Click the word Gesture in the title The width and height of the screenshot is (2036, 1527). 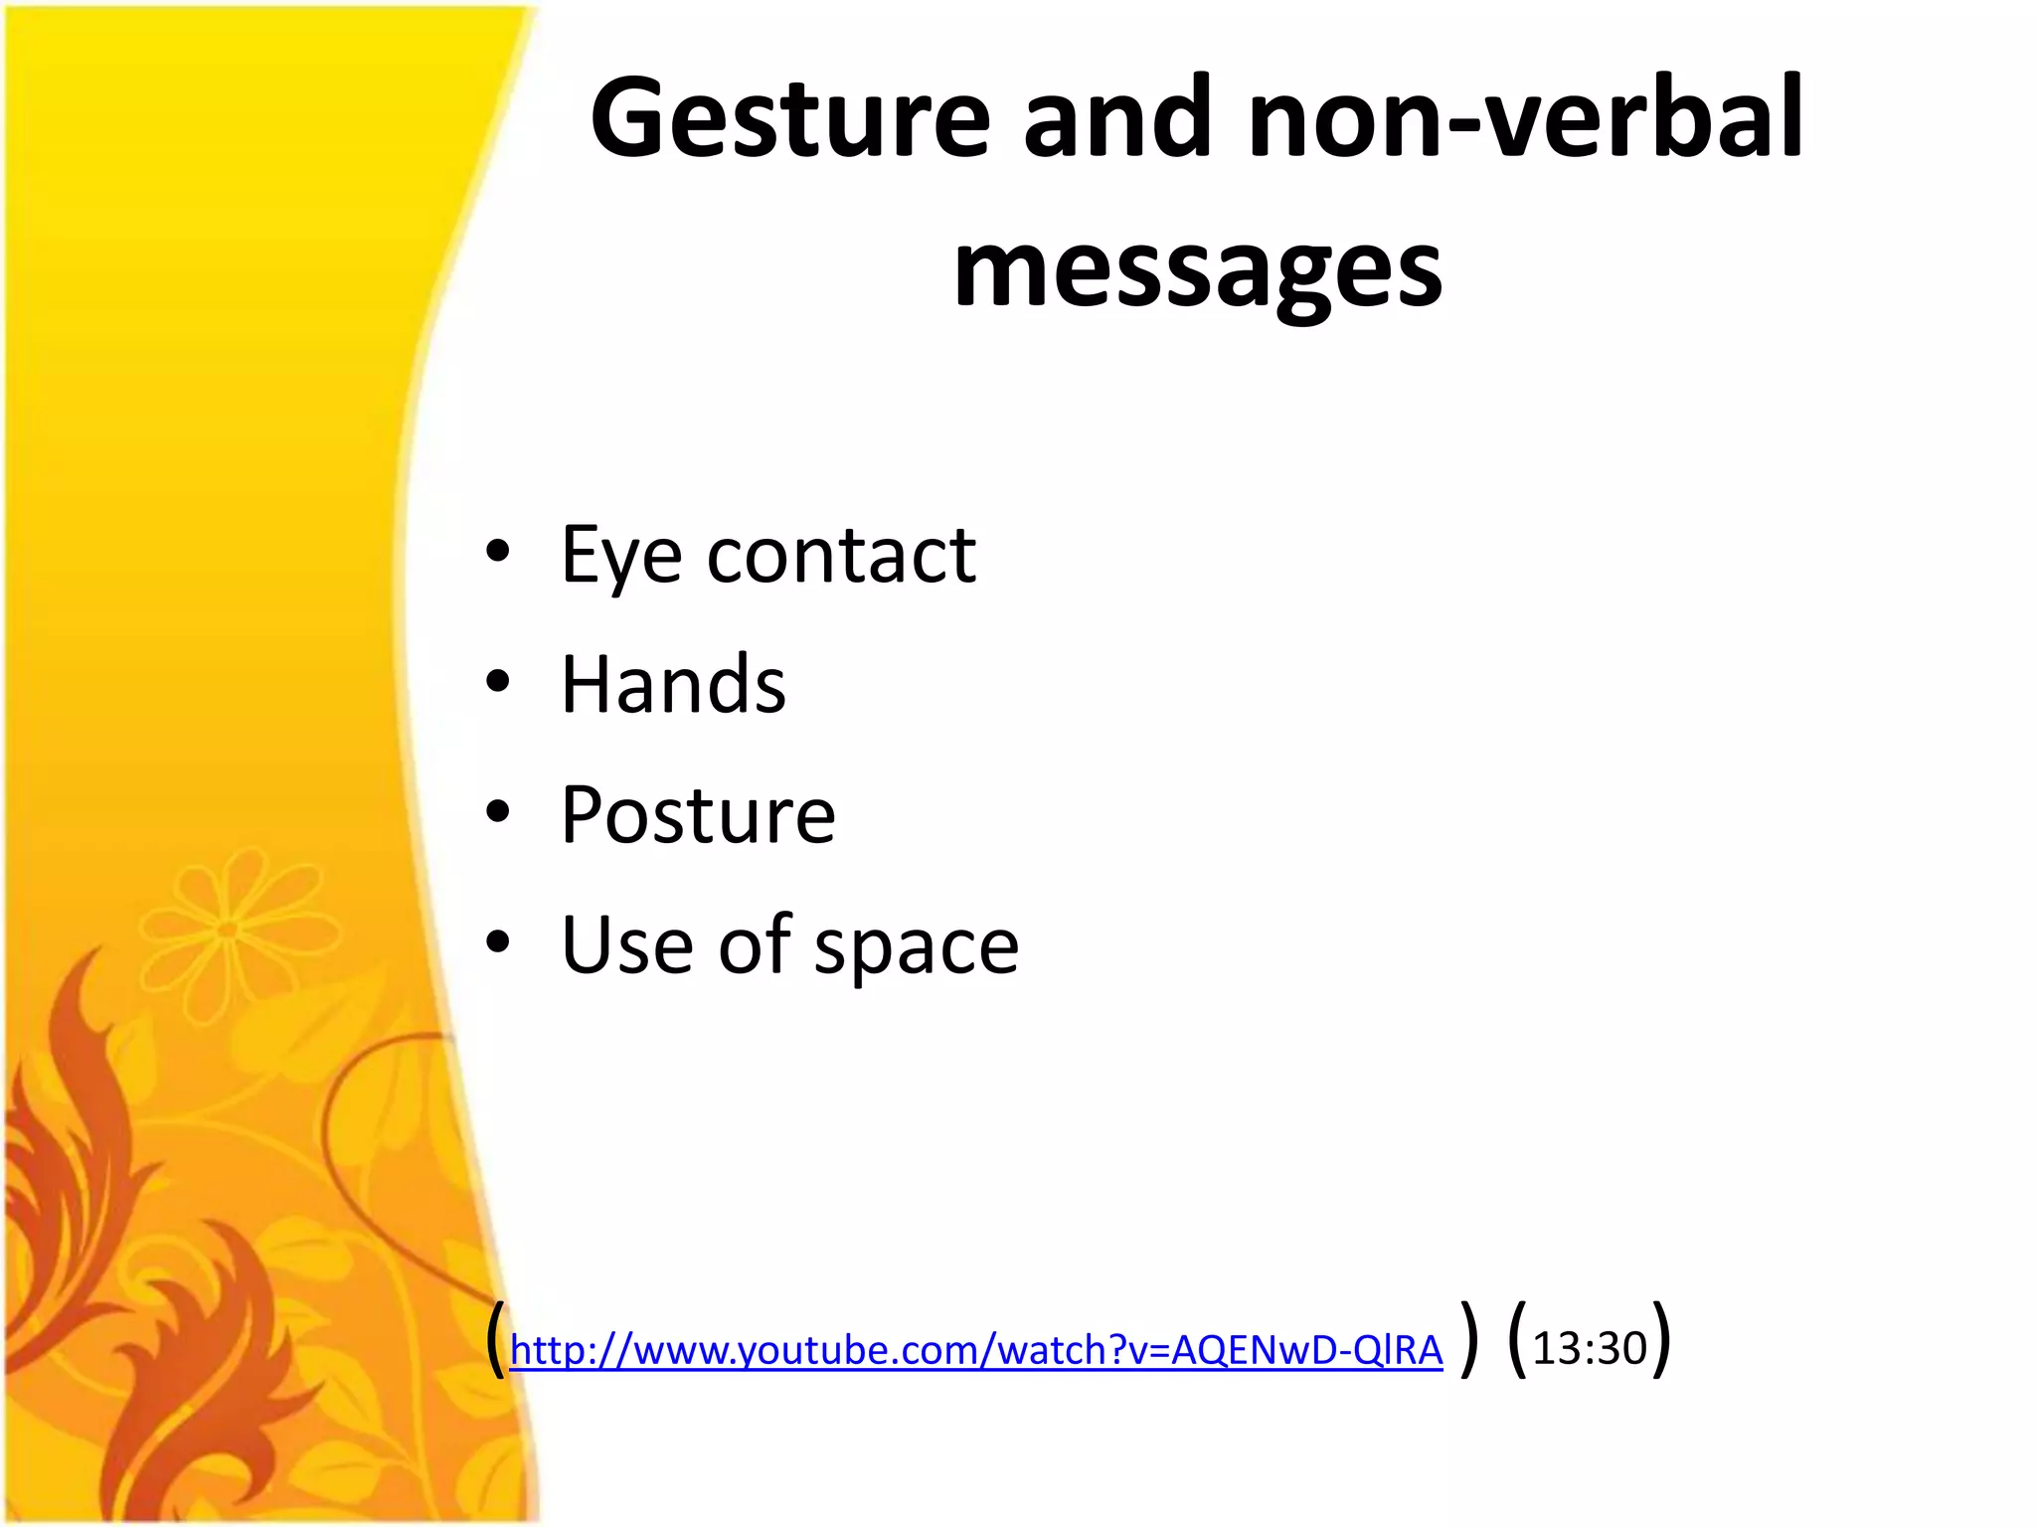point(790,119)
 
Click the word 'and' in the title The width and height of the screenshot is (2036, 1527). point(1117,119)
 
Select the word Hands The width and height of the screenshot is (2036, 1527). point(673,685)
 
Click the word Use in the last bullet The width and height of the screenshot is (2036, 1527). point(626,945)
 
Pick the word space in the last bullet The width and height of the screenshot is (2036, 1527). point(917,947)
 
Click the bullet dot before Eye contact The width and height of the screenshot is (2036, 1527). point(498,551)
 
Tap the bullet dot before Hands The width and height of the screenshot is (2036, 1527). point(498,682)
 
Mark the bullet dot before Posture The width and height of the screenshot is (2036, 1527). point(498,812)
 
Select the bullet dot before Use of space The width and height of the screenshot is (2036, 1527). point(498,942)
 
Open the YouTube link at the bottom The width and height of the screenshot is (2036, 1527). point(975,1350)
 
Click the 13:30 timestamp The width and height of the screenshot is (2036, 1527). point(1590,1349)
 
